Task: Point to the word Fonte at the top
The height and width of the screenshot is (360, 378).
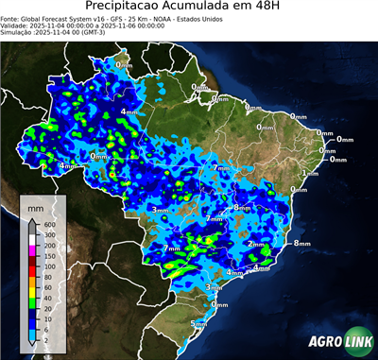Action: (x=11, y=19)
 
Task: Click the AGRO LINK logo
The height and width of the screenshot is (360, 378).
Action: (x=338, y=341)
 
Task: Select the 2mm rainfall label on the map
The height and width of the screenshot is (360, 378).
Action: (x=255, y=244)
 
